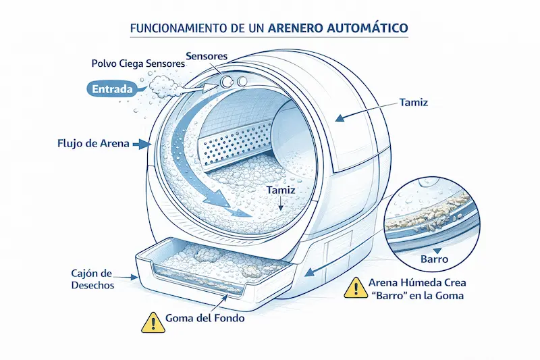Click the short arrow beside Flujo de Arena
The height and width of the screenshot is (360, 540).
click(x=142, y=144)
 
